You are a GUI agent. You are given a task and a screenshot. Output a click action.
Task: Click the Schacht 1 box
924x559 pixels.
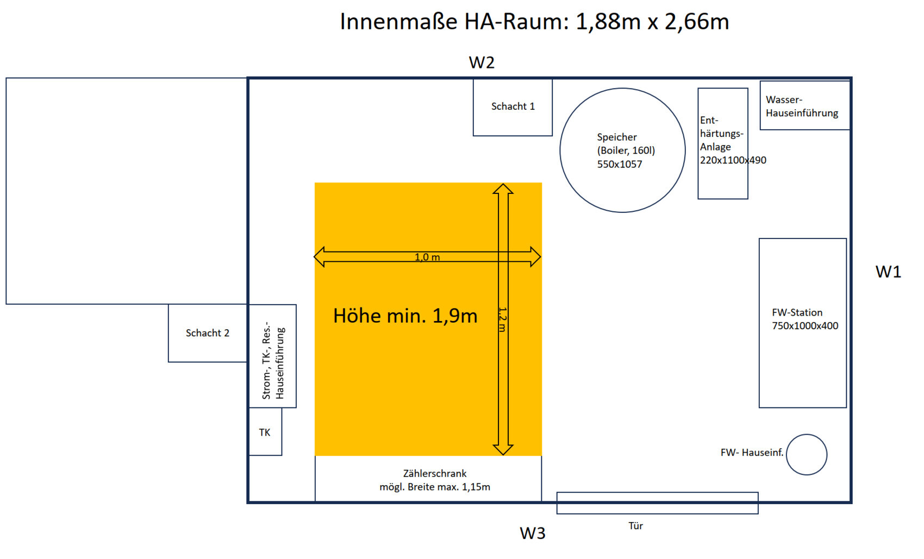[x=513, y=107]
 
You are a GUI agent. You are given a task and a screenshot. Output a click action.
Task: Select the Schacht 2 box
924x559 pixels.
[x=208, y=333]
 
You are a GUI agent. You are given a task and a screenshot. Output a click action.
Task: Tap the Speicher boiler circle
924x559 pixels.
[x=622, y=150]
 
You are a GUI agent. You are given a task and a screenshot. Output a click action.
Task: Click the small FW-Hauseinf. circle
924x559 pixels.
[x=807, y=455]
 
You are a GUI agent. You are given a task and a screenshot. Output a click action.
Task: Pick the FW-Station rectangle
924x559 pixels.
[x=803, y=323]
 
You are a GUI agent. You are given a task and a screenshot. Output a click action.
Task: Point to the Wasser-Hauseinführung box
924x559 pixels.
[x=804, y=105]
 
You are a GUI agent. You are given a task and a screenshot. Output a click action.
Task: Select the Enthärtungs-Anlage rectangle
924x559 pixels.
[x=723, y=143]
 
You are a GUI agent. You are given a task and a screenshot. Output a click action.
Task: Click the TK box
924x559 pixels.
[x=265, y=432]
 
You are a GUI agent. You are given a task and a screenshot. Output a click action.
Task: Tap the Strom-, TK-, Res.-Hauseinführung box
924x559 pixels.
[x=273, y=356]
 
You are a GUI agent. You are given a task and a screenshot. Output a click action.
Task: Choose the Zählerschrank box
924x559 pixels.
[x=428, y=479]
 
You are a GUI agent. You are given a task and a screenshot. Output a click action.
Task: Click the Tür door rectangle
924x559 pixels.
[x=657, y=503]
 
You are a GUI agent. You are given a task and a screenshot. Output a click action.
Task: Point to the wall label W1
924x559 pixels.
[x=888, y=272]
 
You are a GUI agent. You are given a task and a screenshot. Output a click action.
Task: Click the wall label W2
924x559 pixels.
[x=482, y=62]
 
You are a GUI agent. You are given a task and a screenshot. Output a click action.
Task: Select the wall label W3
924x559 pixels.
[x=533, y=533]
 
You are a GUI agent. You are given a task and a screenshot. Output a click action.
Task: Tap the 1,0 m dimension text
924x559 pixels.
[x=427, y=257]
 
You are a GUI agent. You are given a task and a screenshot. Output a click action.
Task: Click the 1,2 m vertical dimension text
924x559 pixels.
[x=503, y=319]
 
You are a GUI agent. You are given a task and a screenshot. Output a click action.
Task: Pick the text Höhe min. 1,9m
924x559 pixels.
[x=405, y=316]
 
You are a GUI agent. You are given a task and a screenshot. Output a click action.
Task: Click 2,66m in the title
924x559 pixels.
[x=696, y=22]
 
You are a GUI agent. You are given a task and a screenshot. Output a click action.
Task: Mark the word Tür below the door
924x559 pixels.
[x=635, y=526]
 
